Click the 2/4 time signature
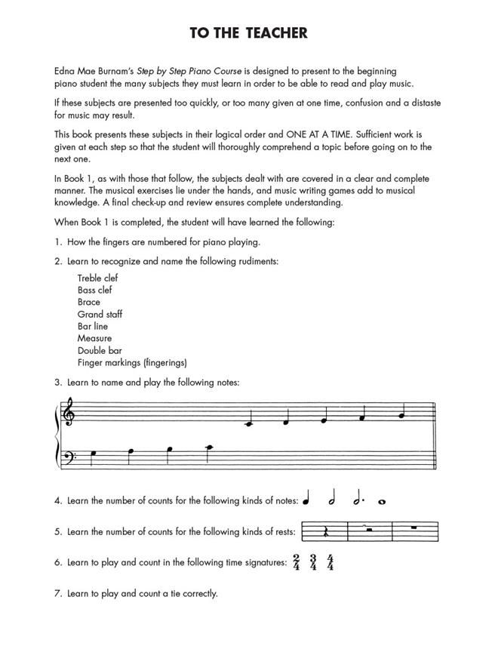(x=297, y=563)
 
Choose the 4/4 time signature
(x=330, y=563)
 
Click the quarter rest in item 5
(x=325, y=533)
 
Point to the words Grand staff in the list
(x=100, y=314)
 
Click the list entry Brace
(x=89, y=302)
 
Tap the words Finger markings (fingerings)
(x=132, y=362)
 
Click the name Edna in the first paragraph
(x=65, y=69)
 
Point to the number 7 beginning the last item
(x=57, y=593)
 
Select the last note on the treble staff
(x=402, y=414)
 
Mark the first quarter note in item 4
(x=307, y=500)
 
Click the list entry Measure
(x=94, y=338)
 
